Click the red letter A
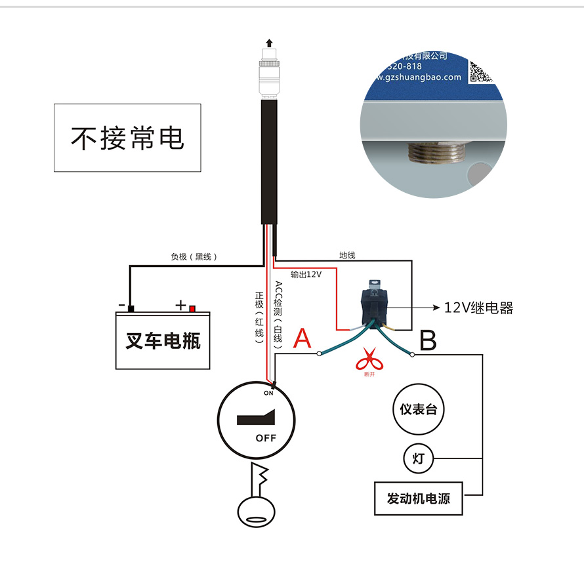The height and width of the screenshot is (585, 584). pyautogui.click(x=302, y=338)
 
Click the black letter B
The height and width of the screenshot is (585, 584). pyautogui.click(x=427, y=341)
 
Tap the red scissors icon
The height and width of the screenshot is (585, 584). pyautogui.click(x=369, y=360)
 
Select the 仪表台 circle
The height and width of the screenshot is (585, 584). pyautogui.click(x=418, y=410)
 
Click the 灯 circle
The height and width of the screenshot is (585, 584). pyautogui.click(x=418, y=458)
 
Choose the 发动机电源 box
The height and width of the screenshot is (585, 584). pyautogui.click(x=418, y=499)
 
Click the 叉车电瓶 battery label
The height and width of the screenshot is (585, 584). pyautogui.click(x=163, y=341)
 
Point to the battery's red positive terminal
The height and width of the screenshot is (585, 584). pyautogui.click(x=192, y=308)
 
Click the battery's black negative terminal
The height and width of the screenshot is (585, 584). pyautogui.click(x=131, y=308)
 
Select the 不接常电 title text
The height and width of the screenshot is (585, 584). pyautogui.click(x=127, y=138)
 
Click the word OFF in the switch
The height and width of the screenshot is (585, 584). pyautogui.click(x=266, y=438)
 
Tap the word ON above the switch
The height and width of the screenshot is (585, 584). pyautogui.click(x=268, y=393)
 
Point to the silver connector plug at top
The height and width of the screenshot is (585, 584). pyautogui.click(x=268, y=75)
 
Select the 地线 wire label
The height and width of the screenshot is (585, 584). pyautogui.click(x=347, y=255)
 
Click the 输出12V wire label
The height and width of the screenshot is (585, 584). pyautogui.click(x=306, y=274)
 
